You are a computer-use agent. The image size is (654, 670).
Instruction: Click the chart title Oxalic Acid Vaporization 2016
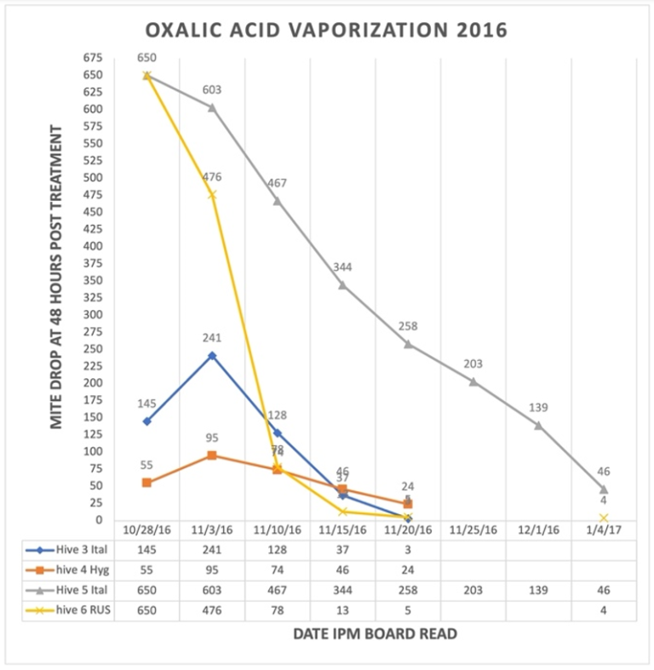coord(326,31)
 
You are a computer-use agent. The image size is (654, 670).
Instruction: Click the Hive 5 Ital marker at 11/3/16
coord(212,107)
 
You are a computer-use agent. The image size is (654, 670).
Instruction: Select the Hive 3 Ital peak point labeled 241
coord(212,355)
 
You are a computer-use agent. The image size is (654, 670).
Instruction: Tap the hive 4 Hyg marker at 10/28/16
coord(146,483)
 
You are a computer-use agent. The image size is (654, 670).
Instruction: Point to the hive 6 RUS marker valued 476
coord(212,194)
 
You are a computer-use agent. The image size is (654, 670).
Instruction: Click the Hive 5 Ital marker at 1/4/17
coord(604,489)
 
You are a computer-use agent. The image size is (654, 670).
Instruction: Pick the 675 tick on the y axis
coord(92,58)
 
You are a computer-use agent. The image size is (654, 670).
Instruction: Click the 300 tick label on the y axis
coord(92,314)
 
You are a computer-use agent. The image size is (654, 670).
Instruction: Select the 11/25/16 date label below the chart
coord(473,529)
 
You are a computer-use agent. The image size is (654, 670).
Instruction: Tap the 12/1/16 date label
coord(538,529)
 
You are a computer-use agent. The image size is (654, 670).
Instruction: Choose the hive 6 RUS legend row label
coord(75,610)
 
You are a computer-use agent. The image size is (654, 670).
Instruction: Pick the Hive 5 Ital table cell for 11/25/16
coord(473,589)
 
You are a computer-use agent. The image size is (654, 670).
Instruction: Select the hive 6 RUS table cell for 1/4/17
coord(604,610)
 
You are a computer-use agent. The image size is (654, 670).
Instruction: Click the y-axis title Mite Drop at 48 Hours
coord(56,277)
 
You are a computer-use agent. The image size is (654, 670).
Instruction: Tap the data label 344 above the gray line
coord(342,267)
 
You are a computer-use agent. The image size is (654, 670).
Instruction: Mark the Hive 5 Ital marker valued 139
coord(538,425)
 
